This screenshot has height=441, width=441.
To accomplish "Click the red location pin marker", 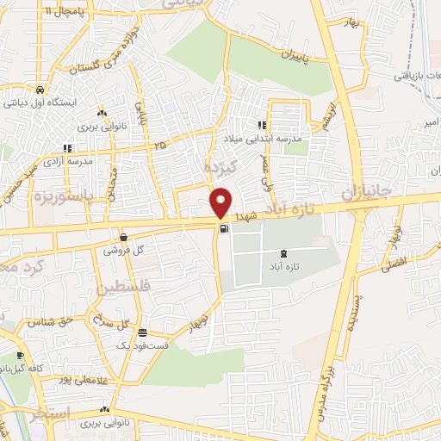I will pos(221,202).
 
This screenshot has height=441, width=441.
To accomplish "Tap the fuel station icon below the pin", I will pos(225,229).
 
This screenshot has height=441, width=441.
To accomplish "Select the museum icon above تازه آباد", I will pos(284,253).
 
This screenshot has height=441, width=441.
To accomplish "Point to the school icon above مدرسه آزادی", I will pos(67,147).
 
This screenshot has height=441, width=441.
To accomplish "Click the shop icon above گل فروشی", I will pos(124,237).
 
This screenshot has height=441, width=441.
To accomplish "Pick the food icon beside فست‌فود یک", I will pos(143,333).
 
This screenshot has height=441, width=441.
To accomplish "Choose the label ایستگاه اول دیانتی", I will pos(42,102).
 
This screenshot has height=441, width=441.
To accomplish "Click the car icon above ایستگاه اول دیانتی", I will pos(40,89).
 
